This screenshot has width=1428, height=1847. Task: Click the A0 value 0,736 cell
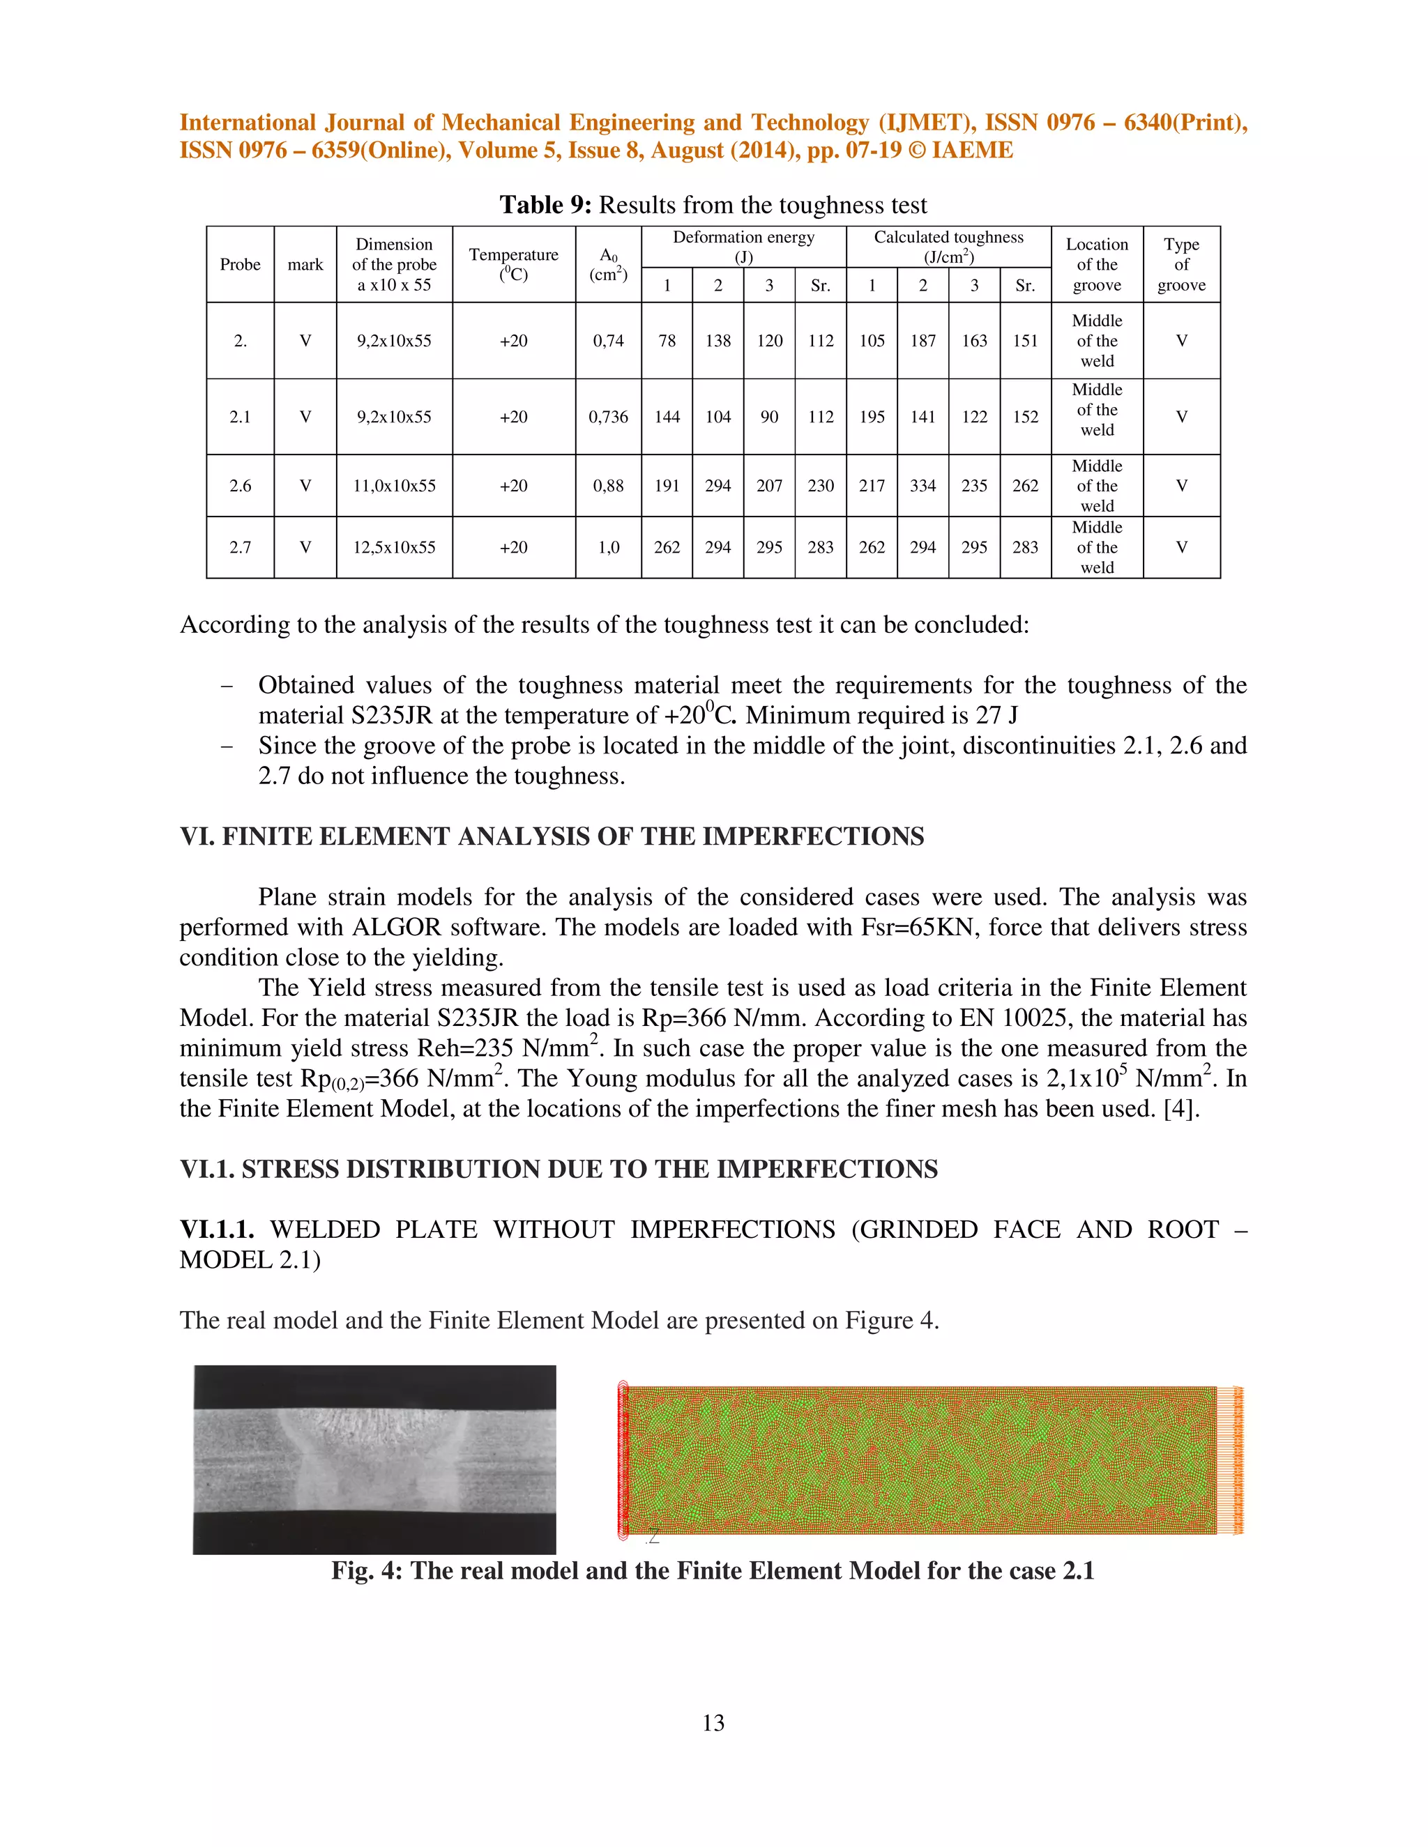(608, 417)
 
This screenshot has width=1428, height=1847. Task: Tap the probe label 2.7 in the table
(241, 547)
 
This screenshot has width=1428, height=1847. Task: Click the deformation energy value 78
(667, 341)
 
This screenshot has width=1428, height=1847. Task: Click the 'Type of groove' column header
(1181, 264)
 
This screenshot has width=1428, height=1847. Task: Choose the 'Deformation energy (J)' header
(743, 246)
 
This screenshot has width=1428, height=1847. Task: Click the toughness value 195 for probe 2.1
(872, 417)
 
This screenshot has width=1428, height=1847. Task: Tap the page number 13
(713, 1723)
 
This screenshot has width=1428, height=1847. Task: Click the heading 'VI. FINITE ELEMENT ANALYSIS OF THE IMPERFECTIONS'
(552, 836)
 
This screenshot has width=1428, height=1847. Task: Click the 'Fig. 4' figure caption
(713, 1570)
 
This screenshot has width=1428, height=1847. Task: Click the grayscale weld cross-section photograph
(374, 1459)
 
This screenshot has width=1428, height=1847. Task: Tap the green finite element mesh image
(922, 1460)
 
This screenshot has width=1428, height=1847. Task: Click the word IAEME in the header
(972, 151)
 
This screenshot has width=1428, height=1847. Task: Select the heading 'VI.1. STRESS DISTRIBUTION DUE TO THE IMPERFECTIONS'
(559, 1169)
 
